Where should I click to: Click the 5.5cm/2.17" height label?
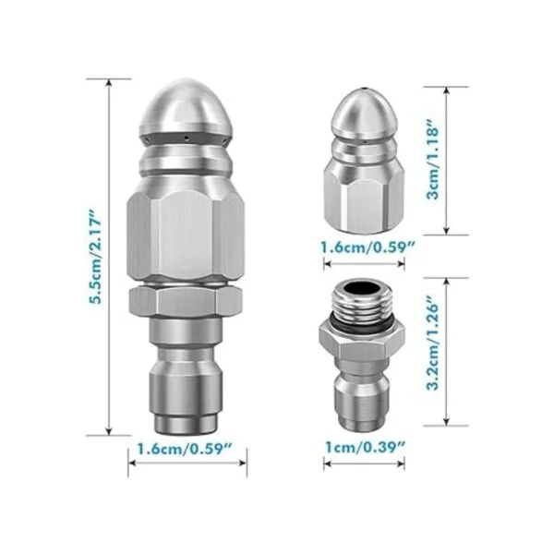tap(95, 256)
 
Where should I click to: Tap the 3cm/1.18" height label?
tap(433, 160)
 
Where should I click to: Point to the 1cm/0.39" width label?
tap(365, 447)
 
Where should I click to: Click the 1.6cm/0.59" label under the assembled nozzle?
tap(185, 449)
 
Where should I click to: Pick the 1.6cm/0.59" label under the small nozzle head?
tap(367, 247)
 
